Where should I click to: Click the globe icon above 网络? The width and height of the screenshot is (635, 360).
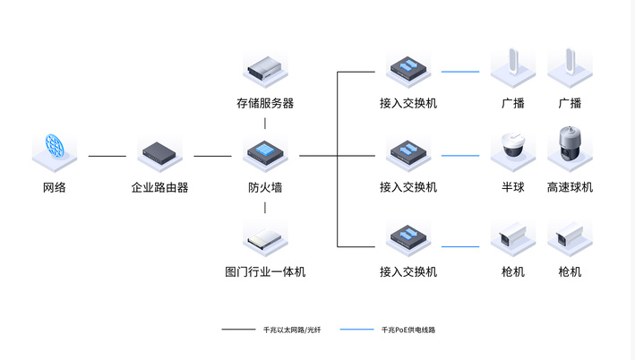click(54, 150)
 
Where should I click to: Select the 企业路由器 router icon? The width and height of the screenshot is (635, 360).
click(159, 152)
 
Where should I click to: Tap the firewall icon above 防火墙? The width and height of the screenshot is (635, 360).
click(265, 152)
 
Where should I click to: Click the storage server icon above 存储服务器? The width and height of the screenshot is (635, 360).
click(265, 68)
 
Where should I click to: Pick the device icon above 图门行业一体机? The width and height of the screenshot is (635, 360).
click(265, 237)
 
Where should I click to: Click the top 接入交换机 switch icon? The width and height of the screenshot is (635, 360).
click(408, 68)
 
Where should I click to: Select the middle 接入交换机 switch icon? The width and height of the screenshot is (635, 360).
click(408, 152)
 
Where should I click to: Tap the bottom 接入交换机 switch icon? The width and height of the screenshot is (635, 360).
click(408, 237)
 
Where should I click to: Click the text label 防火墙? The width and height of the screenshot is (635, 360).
click(265, 187)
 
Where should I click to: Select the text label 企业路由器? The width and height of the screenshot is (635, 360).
click(159, 187)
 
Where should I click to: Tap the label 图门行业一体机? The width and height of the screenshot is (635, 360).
click(265, 271)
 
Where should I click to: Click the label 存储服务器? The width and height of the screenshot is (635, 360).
click(265, 103)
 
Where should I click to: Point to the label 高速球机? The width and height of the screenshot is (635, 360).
click(570, 187)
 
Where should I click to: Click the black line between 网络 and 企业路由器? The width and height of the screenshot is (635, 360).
click(107, 156)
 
